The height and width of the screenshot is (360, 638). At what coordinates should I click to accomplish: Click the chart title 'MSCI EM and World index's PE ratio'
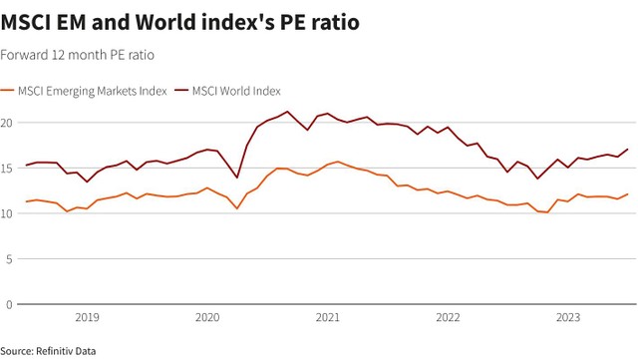[x=180, y=21]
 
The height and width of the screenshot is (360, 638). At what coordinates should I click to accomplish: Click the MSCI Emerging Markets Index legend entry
[x=90, y=91]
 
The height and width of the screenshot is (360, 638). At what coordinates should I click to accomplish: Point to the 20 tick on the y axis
[x=7, y=123]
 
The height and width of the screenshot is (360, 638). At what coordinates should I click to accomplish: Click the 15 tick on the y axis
[x=7, y=169]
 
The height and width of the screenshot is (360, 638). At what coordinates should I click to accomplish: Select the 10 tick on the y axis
[x=7, y=213]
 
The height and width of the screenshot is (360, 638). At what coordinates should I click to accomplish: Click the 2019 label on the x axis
[x=87, y=318]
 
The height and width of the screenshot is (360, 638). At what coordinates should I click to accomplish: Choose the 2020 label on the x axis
[x=207, y=318]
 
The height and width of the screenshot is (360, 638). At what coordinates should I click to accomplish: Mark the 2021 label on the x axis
[x=328, y=318]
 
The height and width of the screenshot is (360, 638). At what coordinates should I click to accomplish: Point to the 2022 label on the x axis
[x=449, y=318]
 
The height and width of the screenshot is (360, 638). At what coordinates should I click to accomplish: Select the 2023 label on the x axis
[x=568, y=318]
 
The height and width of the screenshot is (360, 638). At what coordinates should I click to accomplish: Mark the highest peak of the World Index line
[x=287, y=112]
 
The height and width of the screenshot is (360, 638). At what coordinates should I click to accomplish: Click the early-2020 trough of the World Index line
[x=237, y=178]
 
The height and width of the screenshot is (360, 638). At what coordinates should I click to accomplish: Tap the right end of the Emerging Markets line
[x=628, y=194]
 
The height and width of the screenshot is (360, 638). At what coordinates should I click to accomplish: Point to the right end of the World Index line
[x=628, y=150]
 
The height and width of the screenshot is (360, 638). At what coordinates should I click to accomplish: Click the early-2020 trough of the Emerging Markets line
[x=237, y=208]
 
